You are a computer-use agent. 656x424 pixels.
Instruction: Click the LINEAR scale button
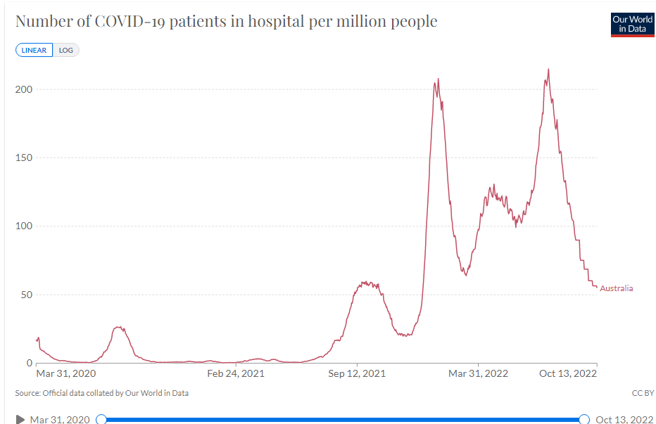[x=34, y=51]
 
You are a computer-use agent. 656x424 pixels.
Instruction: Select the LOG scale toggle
[x=66, y=51]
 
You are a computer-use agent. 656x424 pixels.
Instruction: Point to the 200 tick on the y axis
[x=24, y=89]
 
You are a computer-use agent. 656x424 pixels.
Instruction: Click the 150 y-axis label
[x=24, y=158]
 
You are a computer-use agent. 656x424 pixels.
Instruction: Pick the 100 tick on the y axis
[x=24, y=226]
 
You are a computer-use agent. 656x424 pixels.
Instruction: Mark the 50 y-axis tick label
[x=26, y=295]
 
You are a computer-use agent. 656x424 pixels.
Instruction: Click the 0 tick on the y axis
[x=30, y=363]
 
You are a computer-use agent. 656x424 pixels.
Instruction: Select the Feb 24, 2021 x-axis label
[x=236, y=373]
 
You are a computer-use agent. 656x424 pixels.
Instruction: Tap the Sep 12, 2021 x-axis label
[x=357, y=373]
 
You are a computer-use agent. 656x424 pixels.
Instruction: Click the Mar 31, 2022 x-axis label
[x=479, y=373]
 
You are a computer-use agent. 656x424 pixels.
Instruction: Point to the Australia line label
[x=616, y=288]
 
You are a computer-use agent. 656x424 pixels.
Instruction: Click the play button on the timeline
[x=20, y=420]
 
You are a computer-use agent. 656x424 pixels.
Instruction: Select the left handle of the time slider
[x=101, y=420]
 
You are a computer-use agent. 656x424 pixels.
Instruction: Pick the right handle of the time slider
[x=584, y=420]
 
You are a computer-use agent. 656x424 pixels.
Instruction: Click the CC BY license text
[x=643, y=393]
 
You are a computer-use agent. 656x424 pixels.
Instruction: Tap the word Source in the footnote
[x=27, y=393]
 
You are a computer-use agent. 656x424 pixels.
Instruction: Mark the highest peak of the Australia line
[x=548, y=69]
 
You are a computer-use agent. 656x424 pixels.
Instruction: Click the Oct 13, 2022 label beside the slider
[x=624, y=420]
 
